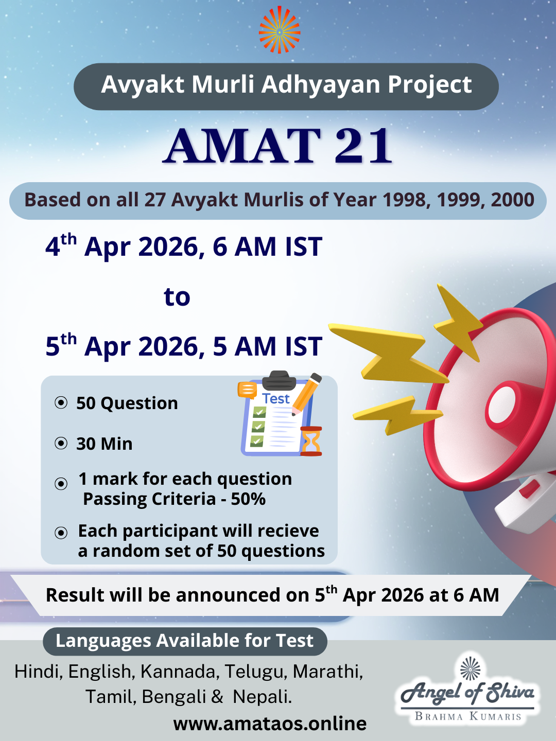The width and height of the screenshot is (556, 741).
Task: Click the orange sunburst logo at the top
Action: coord(279,30)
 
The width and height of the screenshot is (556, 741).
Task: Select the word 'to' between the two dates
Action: coord(177,297)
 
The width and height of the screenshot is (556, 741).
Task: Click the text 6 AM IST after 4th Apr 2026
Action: coord(267,247)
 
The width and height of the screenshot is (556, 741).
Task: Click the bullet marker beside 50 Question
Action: coord(61,402)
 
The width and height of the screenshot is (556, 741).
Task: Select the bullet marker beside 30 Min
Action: coord(61,443)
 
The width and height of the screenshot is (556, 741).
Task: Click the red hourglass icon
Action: coord(311,442)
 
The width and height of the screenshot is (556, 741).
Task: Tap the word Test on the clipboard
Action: coord(276,399)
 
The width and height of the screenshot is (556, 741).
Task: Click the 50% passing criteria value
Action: coord(248,499)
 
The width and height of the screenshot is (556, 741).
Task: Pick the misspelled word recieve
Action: coord(288,531)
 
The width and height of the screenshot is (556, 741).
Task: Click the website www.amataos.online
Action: coord(270,724)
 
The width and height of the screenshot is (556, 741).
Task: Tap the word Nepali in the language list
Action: coord(262,697)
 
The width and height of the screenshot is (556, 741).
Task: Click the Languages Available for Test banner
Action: coord(184,641)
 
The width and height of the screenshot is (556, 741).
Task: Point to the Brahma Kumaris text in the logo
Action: coord(468,716)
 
